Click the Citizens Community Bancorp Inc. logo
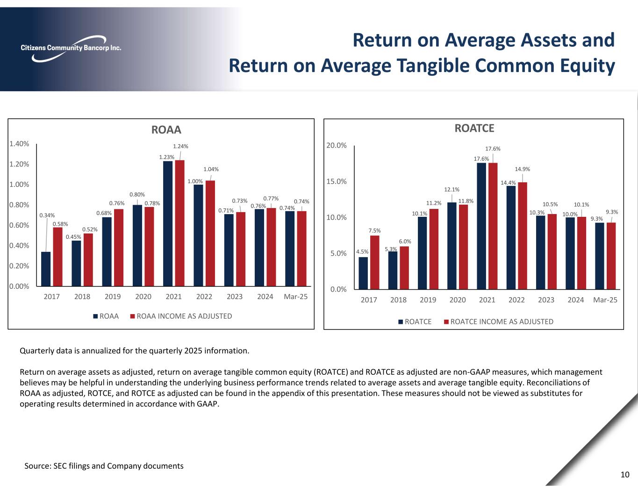[x=71, y=48]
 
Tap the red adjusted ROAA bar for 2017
[x=57, y=257]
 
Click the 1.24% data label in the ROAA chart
[x=181, y=146]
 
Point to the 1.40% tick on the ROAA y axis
[x=19, y=144]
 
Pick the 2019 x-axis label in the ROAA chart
[x=113, y=297]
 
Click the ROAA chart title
[x=166, y=129]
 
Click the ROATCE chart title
[x=474, y=128]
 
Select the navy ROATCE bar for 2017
[x=363, y=273]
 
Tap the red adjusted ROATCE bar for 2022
[x=523, y=236]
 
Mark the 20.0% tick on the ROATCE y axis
[x=336, y=145]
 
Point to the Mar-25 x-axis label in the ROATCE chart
[x=605, y=300]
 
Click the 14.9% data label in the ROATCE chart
[x=523, y=169]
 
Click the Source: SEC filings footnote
[x=104, y=466]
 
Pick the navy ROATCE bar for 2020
[x=452, y=246]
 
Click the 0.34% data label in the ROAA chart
[x=47, y=215]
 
